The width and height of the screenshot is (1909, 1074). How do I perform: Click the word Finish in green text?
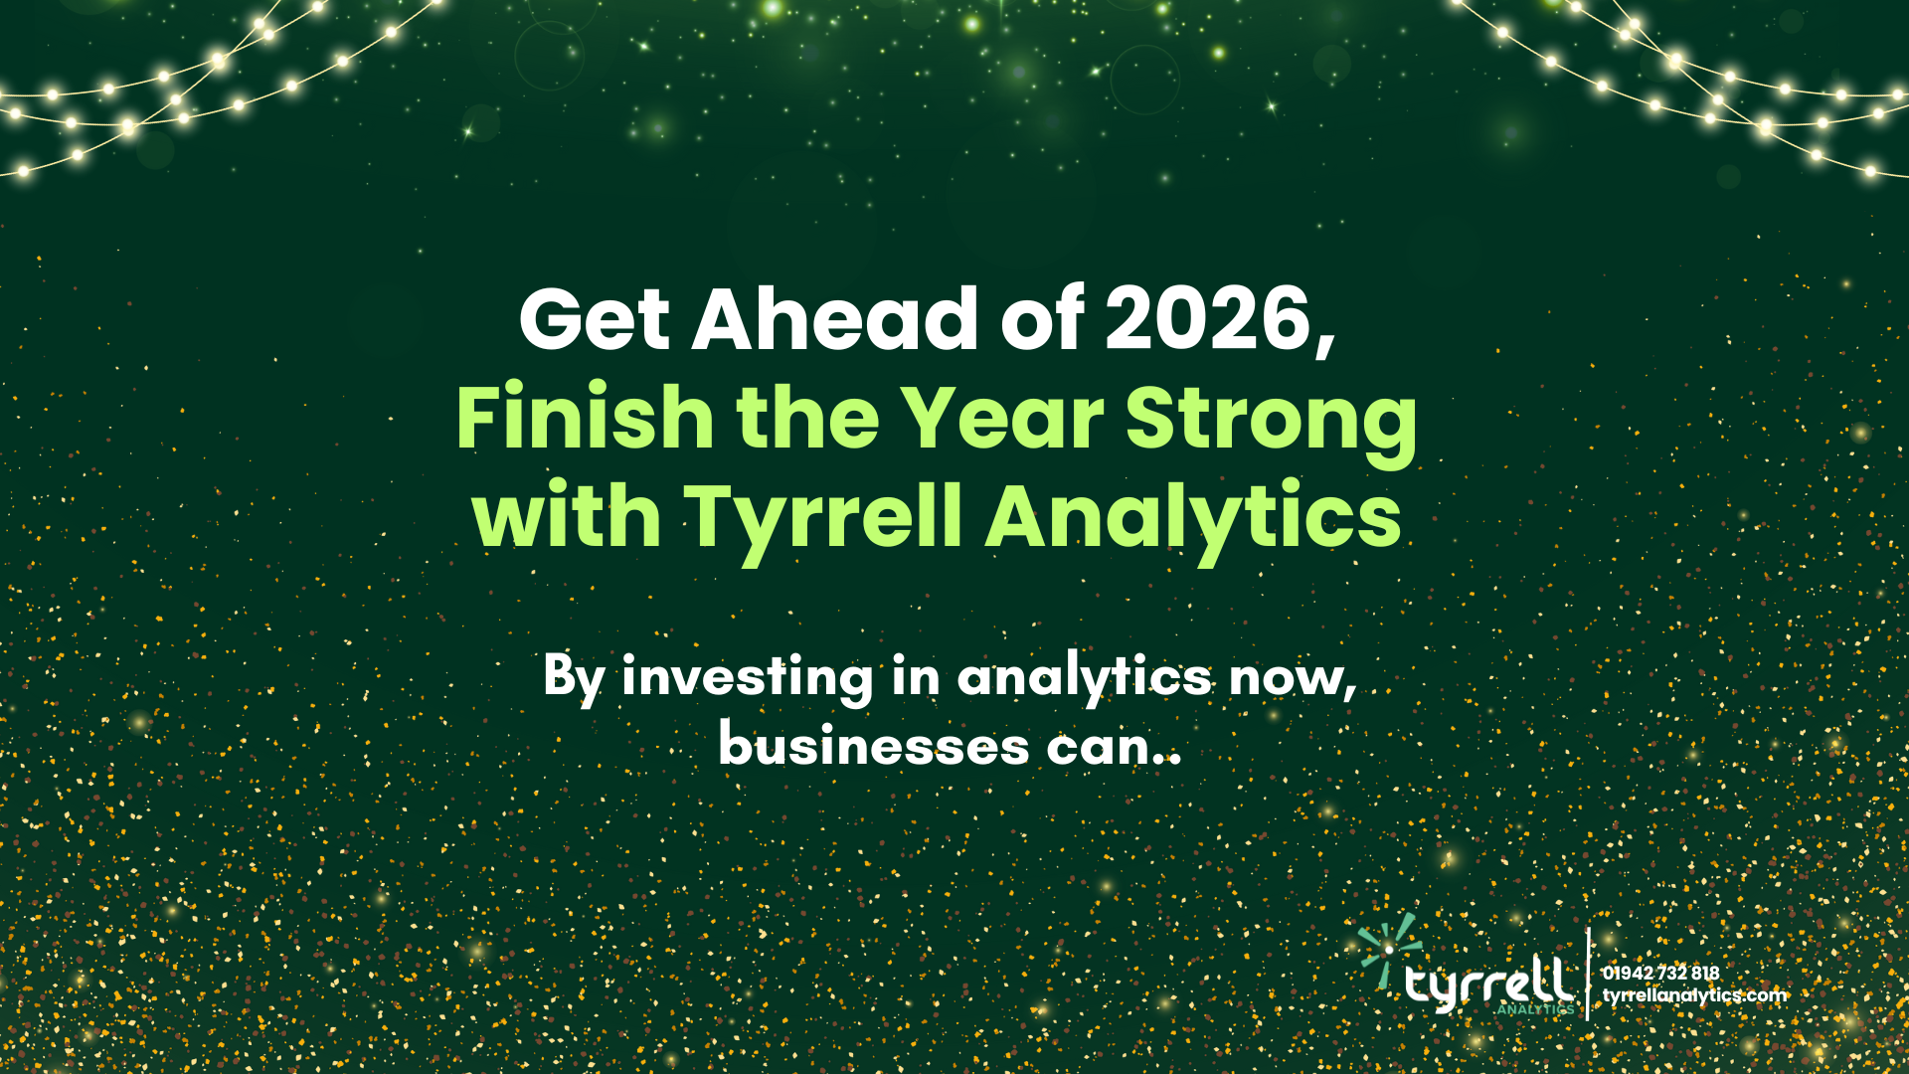[584, 418]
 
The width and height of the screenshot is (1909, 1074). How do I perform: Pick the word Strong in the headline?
[1271, 420]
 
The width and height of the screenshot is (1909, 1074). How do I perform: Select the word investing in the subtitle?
[747, 678]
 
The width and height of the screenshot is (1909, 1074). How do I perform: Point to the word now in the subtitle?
[1289, 678]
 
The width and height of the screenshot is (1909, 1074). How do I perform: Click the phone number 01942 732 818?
[1660, 973]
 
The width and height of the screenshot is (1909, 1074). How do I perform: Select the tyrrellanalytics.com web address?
[1694, 995]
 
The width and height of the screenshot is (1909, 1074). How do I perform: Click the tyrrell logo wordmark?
[1488, 984]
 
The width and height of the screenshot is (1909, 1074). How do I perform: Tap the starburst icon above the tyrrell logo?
[1390, 949]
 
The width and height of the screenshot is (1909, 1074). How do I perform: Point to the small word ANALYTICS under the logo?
[1535, 1009]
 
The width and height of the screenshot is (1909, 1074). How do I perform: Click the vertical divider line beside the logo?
[1588, 975]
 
